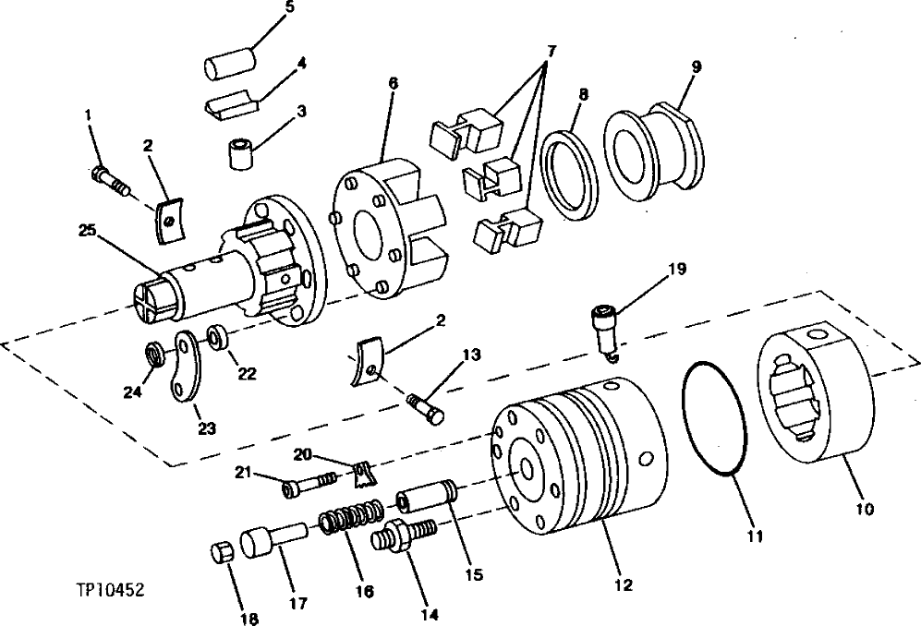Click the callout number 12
point(623,584)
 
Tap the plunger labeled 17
point(273,537)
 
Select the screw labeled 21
point(309,482)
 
